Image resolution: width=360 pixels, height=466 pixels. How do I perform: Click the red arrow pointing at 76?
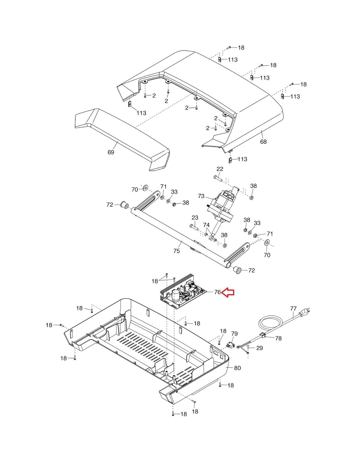point(228,292)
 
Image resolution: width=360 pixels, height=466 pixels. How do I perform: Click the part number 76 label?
point(217,292)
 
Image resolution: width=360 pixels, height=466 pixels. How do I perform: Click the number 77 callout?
point(293,308)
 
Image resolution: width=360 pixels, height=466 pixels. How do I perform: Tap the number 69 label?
point(111,152)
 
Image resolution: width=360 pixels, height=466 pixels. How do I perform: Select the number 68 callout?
point(263,142)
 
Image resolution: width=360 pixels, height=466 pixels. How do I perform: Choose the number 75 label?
point(177,251)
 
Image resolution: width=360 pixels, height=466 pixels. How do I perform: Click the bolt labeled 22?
point(218,178)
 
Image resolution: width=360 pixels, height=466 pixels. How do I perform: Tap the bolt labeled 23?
point(194,227)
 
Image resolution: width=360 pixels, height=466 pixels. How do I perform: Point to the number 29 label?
point(260,348)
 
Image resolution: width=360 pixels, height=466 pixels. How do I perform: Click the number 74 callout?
point(206,225)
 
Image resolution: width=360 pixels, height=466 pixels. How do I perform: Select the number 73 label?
point(201,196)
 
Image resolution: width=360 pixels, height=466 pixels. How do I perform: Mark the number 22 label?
point(220,169)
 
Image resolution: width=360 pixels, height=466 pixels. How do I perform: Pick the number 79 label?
point(234,334)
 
